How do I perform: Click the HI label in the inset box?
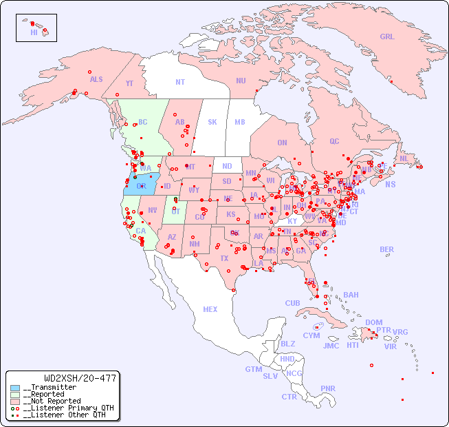(34, 32)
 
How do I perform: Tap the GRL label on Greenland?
(387, 37)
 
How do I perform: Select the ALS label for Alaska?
(96, 79)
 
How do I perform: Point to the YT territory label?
(129, 83)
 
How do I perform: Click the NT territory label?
(180, 81)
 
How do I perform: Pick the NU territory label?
(241, 81)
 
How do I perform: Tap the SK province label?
(212, 122)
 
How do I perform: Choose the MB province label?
(240, 122)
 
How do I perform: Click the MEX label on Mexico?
(210, 309)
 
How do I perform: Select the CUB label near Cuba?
(293, 303)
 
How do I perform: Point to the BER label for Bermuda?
(387, 249)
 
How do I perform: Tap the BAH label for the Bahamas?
(351, 295)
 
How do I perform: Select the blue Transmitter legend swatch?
(15, 388)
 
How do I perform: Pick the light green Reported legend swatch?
(15, 395)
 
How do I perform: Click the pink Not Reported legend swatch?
(15, 401)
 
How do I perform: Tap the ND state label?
(227, 166)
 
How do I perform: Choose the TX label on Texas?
(224, 258)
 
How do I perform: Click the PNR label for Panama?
(328, 388)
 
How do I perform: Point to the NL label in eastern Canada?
(404, 158)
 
